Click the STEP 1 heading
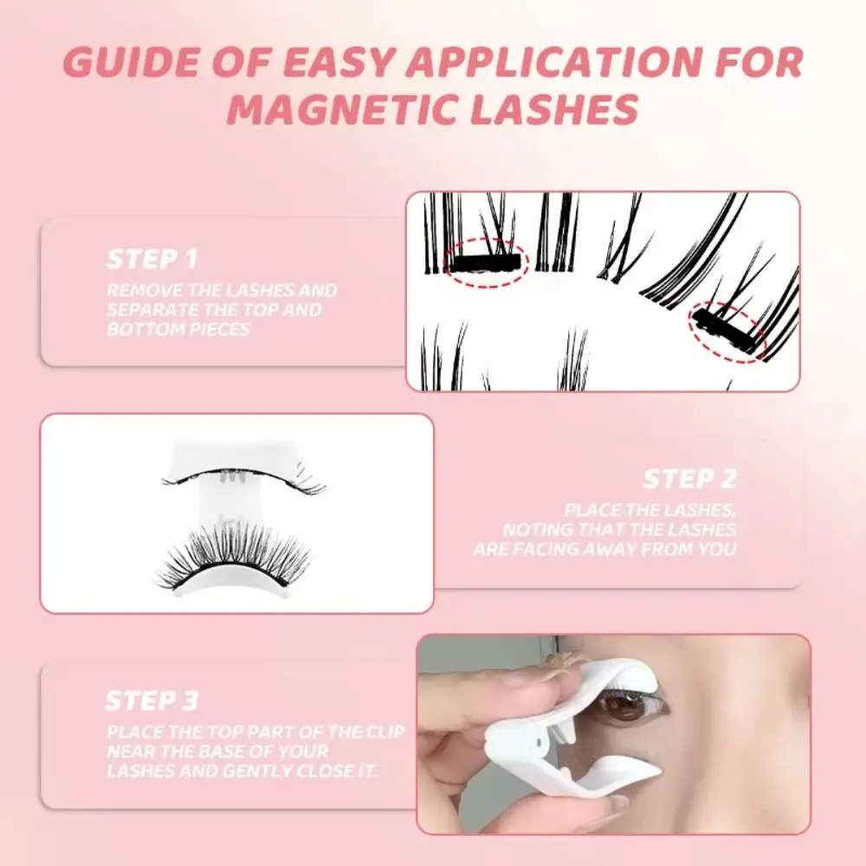[x=152, y=258]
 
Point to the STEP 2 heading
[x=688, y=479]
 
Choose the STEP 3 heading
[x=152, y=700]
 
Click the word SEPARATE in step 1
[x=146, y=310]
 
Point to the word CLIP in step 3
[x=382, y=733]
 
